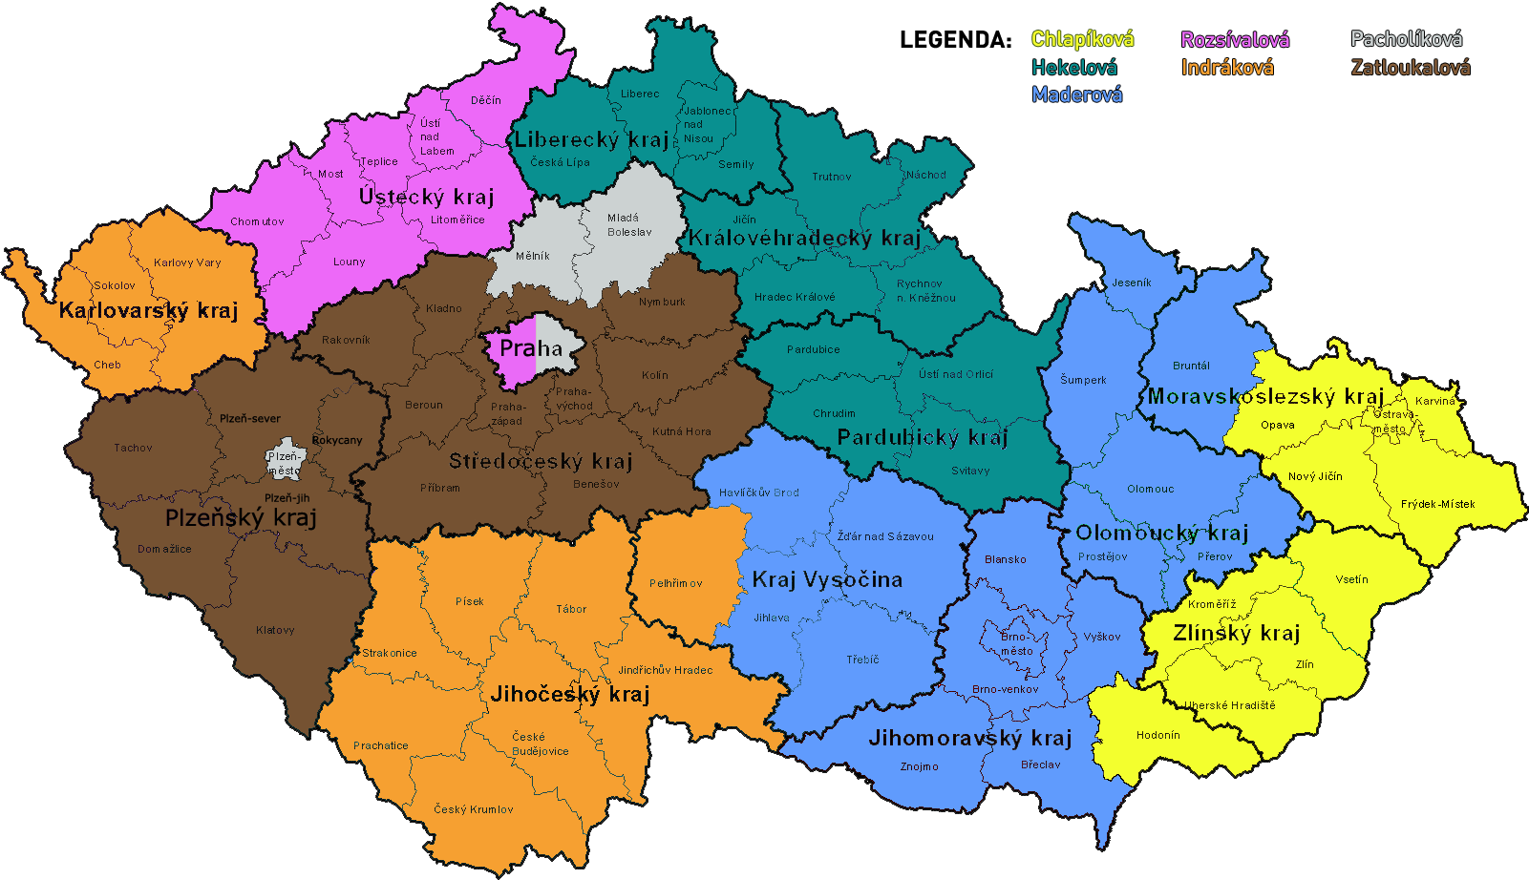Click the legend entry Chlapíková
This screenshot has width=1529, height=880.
(x=1082, y=39)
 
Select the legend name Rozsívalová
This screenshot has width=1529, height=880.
(x=1235, y=39)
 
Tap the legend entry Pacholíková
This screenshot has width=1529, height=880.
(x=1406, y=39)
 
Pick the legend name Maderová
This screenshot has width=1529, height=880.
(x=1076, y=94)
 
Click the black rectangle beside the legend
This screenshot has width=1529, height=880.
(x=955, y=39)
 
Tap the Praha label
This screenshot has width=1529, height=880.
(x=531, y=348)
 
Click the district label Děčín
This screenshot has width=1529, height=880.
(x=485, y=100)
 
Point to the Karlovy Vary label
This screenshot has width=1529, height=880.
(x=187, y=262)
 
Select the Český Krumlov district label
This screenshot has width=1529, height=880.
(x=474, y=809)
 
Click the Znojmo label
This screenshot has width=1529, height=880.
(x=919, y=766)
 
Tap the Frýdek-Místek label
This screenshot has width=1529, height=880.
(x=1437, y=504)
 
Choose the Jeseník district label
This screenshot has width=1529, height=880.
(x=1132, y=283)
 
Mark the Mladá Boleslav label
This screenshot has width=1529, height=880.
(x=629, y=225)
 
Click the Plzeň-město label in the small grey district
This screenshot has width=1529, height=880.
(x=284, y=463)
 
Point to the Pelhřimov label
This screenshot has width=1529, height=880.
(x=676, y=583)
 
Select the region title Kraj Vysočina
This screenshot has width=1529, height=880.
(x=826, y=579)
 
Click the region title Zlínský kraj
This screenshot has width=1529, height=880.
(x=1236, y=634)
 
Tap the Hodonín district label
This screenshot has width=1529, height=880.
(x=1157, y=735)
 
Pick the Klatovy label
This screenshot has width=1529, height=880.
(x=275, y=630)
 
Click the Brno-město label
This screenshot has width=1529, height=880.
(x=1016, y=643)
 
